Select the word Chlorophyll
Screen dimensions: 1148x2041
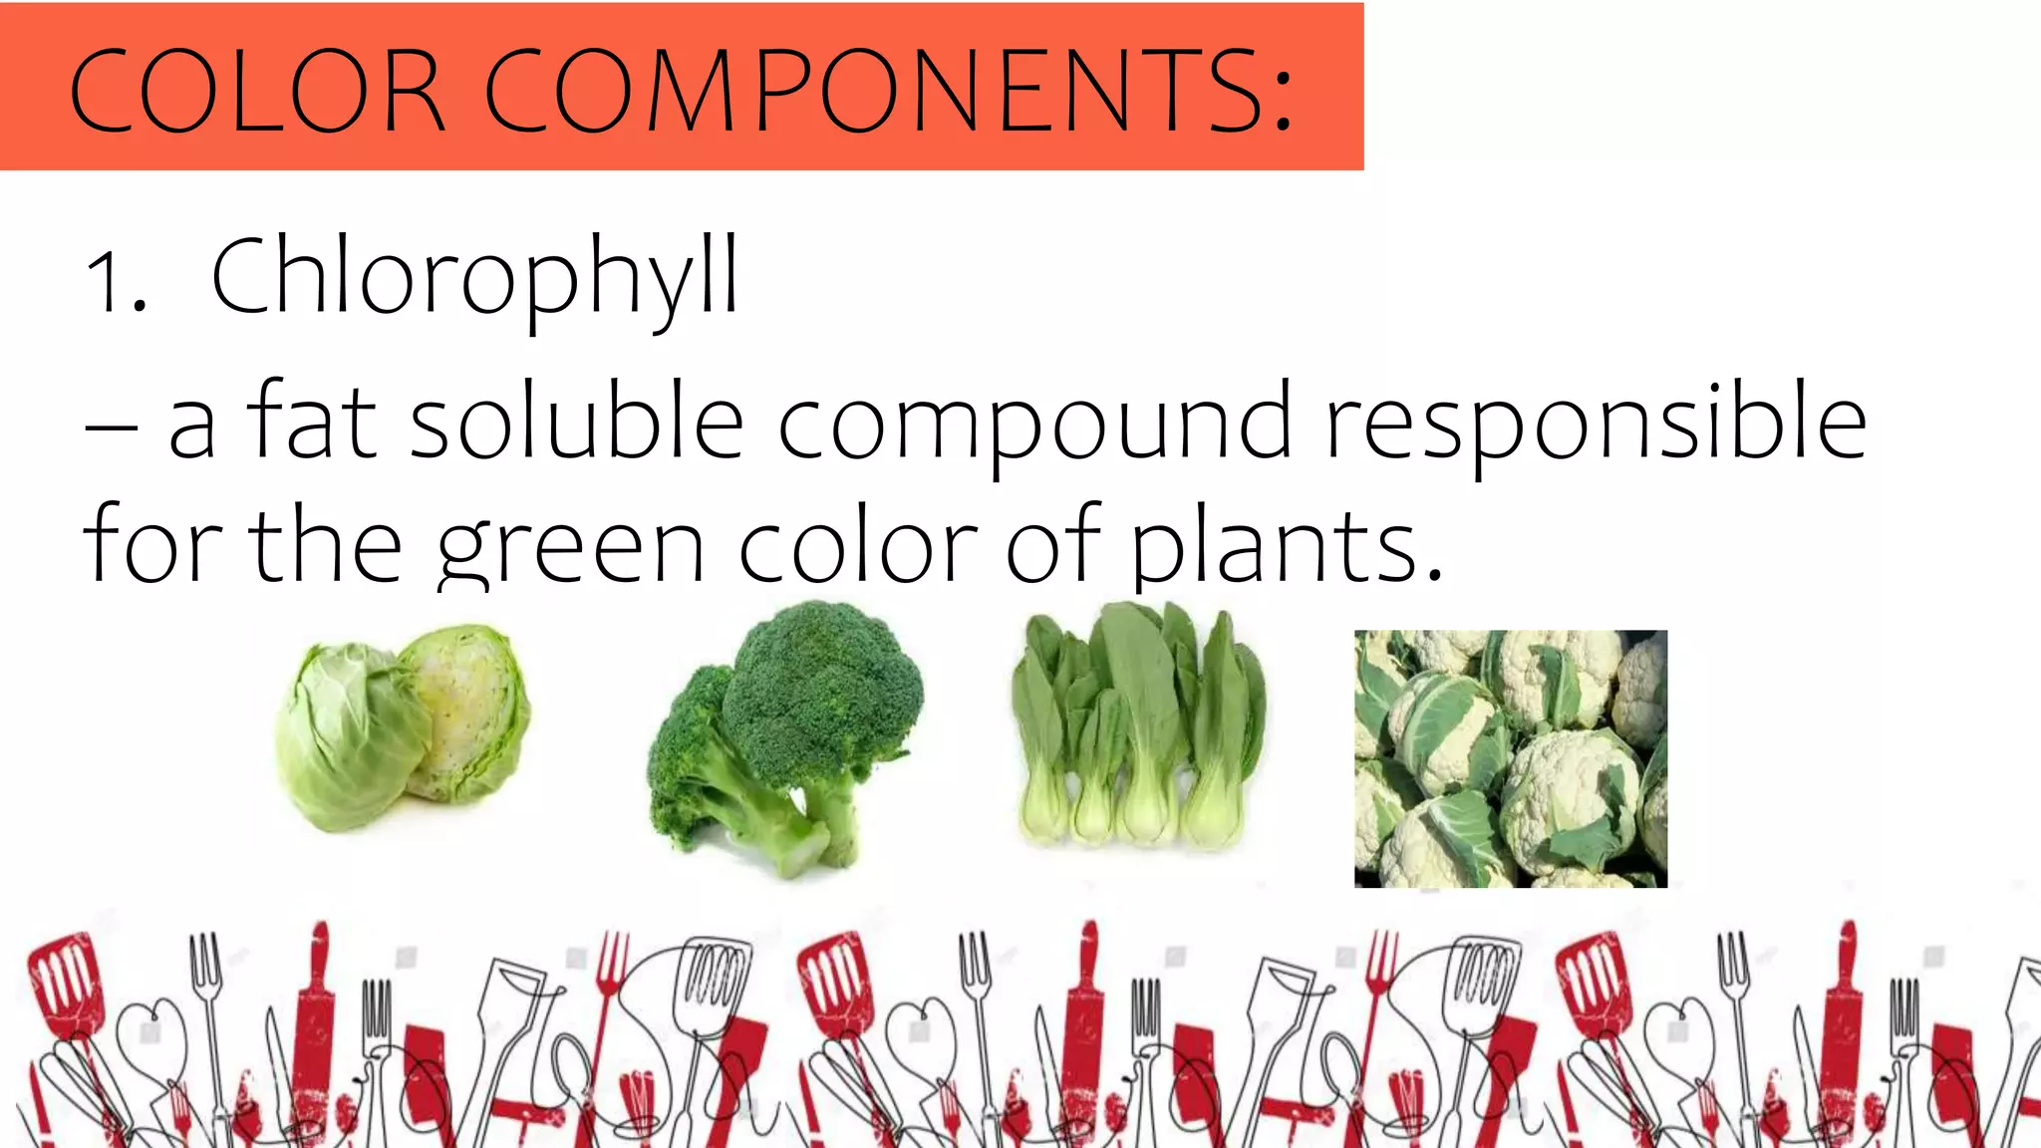475,277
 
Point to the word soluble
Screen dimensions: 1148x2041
577,422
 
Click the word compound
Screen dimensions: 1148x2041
1034,427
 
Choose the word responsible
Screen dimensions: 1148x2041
1596,424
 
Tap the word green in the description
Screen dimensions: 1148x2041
571,550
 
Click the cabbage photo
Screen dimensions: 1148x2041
403,727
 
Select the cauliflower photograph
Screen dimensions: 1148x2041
1510,758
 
